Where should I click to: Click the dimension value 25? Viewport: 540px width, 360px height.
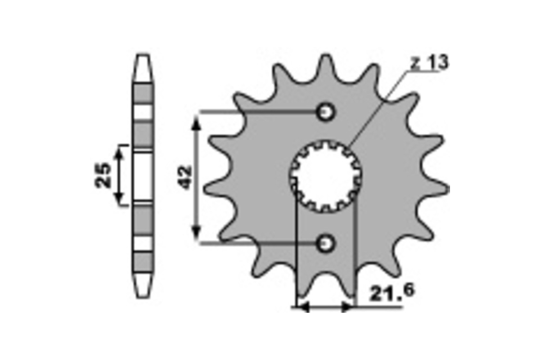(x=103, y=175)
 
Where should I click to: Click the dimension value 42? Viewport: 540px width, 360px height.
(x=185, y=177)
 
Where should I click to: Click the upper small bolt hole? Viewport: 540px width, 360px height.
(x=325, y=112)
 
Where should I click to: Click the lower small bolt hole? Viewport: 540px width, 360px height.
(x=325, y=243)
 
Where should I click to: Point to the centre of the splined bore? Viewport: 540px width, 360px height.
(x=326, y=176)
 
